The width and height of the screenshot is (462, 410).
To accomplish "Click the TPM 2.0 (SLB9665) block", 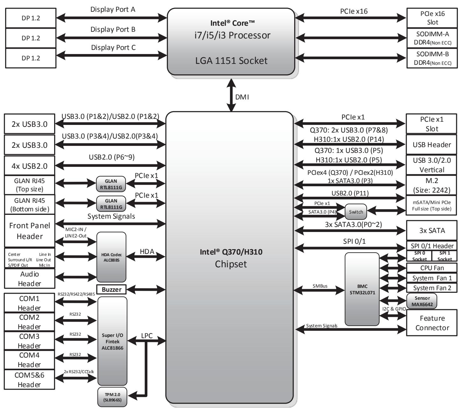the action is [x=112, y=397].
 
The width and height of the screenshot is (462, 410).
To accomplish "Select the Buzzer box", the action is [x=111, y=289].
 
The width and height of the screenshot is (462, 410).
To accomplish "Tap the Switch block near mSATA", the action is [x=356, y=212].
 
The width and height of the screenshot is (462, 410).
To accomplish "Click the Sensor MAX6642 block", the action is [x=422, y=301].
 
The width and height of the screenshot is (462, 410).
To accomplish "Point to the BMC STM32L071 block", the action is [x=362, y=289].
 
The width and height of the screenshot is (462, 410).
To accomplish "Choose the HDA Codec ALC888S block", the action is [x=111, y=257].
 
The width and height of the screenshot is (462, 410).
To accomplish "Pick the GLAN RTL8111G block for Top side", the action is [x=111, y=184].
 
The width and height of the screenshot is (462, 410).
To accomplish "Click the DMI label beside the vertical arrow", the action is [x=242, y=97].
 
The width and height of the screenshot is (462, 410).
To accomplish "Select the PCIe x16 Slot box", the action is [x=432, y=18].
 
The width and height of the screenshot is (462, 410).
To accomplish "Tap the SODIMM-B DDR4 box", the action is [x=432, y=58].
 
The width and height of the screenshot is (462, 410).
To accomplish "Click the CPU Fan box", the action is [x=432, y=268].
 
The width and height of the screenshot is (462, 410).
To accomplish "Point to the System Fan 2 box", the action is [x=432, y=288].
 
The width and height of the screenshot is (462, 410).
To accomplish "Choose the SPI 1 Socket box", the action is [x=444, y=256].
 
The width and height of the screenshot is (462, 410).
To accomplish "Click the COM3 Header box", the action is [x=29, y=341].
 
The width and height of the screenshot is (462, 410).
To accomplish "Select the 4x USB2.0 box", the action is [x=29, y=166].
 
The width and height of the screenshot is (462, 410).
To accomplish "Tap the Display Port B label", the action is [x=113, y=29].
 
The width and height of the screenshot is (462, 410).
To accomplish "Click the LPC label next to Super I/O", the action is [x=147, y=336].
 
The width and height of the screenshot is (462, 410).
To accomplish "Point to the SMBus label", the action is [x=320, y=286].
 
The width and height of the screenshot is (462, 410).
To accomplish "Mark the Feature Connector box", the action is [x=432, y=323].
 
